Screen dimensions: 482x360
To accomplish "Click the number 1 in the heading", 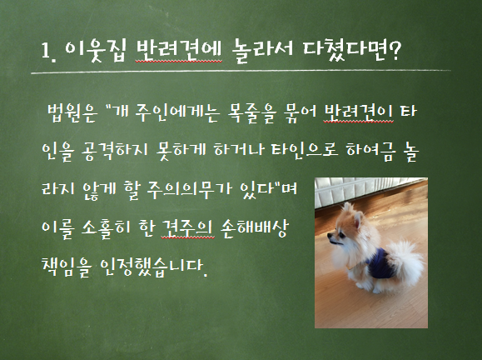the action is tap(45, 50).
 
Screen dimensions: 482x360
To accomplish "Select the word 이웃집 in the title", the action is tap(96, 51).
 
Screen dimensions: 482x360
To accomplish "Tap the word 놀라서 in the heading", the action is tap(263, 51).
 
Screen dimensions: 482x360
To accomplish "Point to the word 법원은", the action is tap(72, 112).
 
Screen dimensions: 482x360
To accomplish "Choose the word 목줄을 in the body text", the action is tap(251, 113).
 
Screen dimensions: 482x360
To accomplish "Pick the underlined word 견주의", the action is tap(187, 229).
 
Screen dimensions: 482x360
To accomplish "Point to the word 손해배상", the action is tap(255, 228).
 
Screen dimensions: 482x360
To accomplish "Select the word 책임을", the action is tap(67, 267).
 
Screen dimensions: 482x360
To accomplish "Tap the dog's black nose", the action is tap(329, 236).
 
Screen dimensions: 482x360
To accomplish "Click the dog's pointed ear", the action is tap(357, 219).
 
